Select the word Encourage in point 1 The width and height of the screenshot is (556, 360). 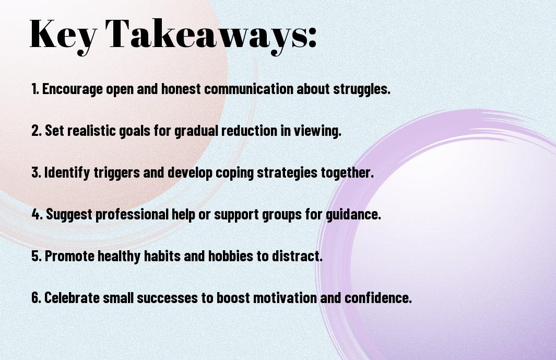73,89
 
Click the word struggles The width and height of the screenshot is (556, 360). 362,89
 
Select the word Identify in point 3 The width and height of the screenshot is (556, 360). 67,172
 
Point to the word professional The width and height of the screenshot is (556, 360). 132,214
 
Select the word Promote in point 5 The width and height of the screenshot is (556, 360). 69,256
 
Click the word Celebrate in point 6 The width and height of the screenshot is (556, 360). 72,297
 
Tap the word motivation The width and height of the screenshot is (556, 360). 285,297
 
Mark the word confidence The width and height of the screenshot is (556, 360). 378,297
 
